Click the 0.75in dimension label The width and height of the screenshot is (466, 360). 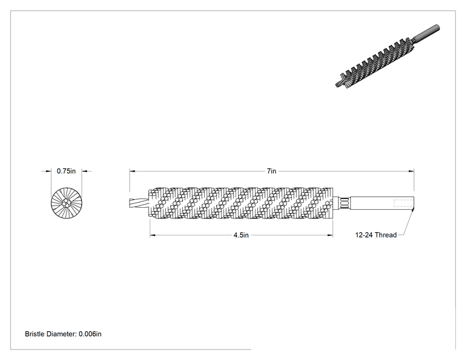[x=66, y=171]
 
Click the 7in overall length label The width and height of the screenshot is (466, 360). [x=271, y=171]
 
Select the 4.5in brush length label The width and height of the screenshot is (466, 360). [x=241, y=235]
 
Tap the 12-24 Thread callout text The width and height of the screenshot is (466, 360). [x=376, y=235]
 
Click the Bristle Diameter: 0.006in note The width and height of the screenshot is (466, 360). [x=63, y=334]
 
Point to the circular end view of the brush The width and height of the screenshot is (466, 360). [x=66, y=203]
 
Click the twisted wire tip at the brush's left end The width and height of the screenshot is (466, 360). [x=139, y=203]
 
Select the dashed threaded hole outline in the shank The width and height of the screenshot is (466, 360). [x=403, y=203]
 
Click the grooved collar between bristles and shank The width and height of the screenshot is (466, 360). [x=344, y=203]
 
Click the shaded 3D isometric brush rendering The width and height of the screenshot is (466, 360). [x=387, y=56]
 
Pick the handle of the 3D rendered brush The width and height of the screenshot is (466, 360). [x=426, y=33]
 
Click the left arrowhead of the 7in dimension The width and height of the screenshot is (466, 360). [x=132, y=171]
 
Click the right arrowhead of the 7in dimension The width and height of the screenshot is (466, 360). [x=412, y=171]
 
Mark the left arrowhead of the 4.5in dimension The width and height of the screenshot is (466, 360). [x=153, y=235]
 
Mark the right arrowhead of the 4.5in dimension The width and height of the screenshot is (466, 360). [x=330, y=235]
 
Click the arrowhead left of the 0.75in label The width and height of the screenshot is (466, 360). [x=48, y=171]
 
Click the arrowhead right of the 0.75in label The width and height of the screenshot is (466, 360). [x=85, y=171]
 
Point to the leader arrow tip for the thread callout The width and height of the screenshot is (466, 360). [x=413, y=209]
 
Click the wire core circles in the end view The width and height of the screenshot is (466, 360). [x=66, y=203]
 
